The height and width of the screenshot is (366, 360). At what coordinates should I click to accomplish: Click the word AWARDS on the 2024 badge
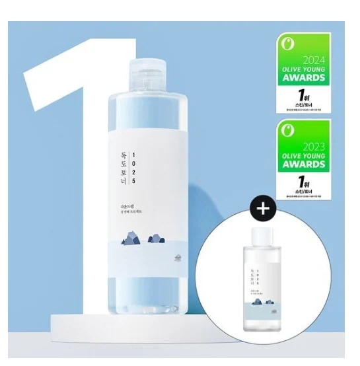point(301,77)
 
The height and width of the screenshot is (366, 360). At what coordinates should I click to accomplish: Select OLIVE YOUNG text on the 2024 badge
point(301,67)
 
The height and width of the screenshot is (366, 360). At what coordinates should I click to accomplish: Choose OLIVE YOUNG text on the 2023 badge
point(301,153)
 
